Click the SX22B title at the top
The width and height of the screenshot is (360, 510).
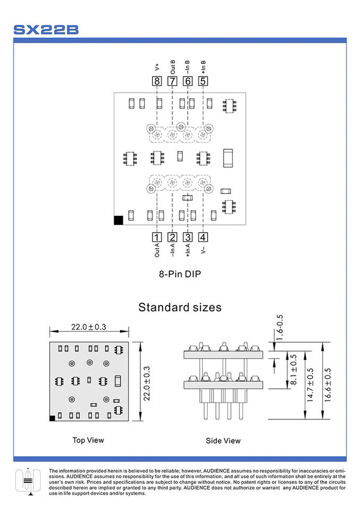[46, 29]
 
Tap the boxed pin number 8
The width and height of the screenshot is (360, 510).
[157, 81]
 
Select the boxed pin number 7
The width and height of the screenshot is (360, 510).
[172, 81]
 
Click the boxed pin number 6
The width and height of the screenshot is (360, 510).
[187, 81]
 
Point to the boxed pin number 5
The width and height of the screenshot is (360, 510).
[203, 81]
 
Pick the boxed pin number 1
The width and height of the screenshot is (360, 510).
[157, 237]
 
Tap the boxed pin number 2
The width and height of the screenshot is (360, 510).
[173, 237]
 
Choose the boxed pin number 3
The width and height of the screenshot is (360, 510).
[188, 237]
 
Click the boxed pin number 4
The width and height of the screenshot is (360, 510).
[203, 237]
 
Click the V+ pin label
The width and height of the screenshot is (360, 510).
[157, 67]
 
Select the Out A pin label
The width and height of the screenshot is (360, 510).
[157, 251]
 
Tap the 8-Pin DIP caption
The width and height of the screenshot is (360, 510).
[180, 274]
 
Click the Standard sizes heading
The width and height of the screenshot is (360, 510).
[180, 307]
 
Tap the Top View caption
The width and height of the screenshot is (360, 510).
[88, 440]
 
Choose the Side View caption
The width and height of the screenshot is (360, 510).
[223, 440]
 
